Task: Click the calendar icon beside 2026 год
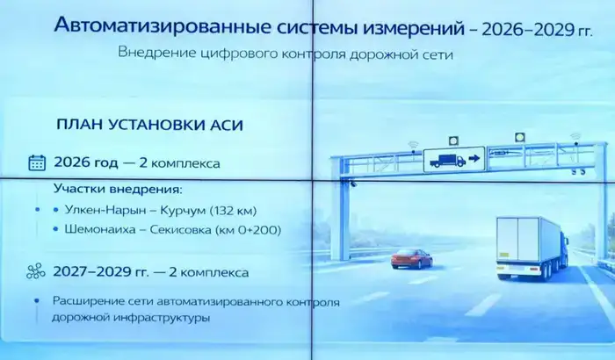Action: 36,162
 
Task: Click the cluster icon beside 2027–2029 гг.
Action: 36,271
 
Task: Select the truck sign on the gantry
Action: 450,160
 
